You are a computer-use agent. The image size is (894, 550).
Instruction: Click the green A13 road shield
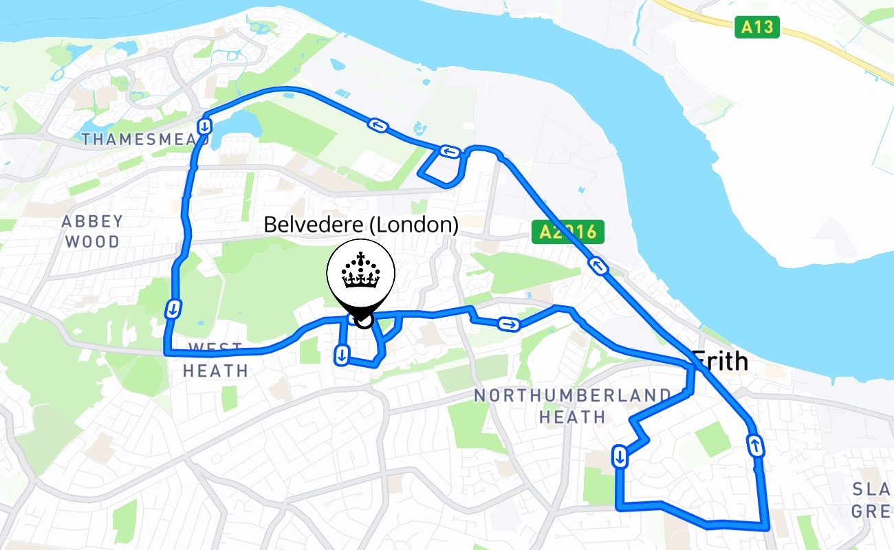click(757, 27)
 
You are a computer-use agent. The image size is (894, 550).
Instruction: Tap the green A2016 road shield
click(567, 232)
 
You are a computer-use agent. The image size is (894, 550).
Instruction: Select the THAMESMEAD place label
click(145, 140)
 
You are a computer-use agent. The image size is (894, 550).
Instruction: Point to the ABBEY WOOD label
click(92, 232)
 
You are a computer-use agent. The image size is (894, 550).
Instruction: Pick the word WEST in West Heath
click(215, 349)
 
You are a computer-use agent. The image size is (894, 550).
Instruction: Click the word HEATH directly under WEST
click(215, 371)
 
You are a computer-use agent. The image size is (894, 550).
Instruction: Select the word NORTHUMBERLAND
click(572, 395)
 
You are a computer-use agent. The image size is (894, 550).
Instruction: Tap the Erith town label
click(720, 361)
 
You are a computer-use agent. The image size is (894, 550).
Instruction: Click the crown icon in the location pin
click(360, 272)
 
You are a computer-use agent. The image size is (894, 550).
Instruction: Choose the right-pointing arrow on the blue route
click(509, 324)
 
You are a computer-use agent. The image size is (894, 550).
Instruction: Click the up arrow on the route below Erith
click(756, 445)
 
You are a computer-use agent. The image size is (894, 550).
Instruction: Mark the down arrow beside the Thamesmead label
click(204, 127)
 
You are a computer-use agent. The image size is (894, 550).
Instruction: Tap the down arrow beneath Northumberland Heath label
click(620, 456)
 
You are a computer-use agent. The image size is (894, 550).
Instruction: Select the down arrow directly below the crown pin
click(341, 355)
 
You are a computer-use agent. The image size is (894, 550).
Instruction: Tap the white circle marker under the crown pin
click(364, 319)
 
